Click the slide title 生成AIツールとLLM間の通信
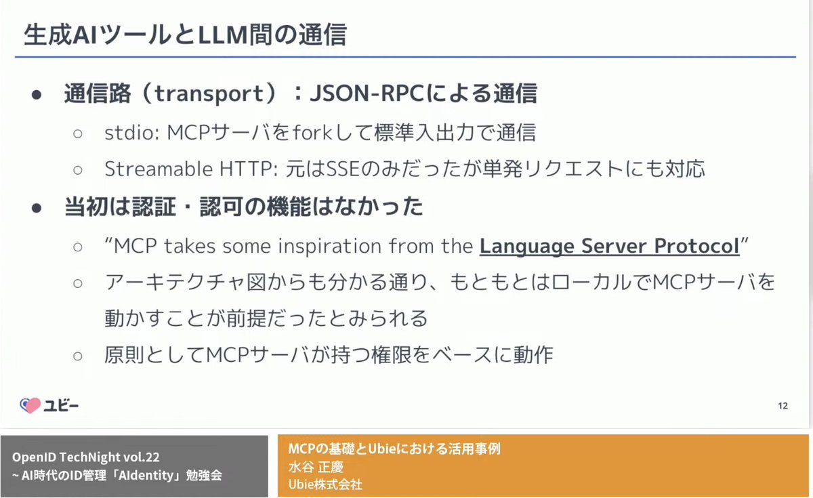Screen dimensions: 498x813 (x=184, y=35)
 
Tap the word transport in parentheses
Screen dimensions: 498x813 (x=207, y=94)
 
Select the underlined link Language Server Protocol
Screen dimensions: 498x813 (x=609, y=246)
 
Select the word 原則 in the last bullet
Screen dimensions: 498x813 (x=122, y=354)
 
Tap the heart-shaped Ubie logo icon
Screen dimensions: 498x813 (x=30, y=405)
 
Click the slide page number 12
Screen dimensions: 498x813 (x=783, y=407)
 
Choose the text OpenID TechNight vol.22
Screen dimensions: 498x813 (x=85, y=457)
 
